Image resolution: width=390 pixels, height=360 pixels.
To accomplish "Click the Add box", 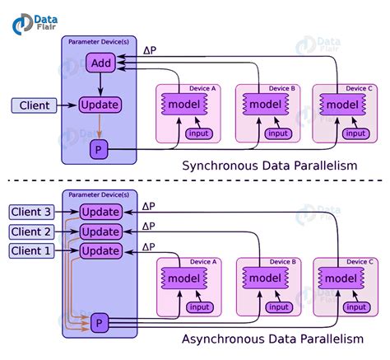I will click(100, 63).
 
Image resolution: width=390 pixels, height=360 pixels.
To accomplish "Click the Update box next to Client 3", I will click(100, 213).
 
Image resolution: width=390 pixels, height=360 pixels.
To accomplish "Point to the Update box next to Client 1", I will click(100, 250).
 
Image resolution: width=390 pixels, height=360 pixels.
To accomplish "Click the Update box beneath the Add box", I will click(100, 105).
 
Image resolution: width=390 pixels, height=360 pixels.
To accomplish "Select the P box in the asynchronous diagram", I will click(100, 321).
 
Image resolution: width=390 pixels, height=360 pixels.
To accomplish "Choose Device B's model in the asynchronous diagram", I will click(265, 278).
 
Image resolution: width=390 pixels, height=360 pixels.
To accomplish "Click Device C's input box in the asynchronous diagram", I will click(355, 306).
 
